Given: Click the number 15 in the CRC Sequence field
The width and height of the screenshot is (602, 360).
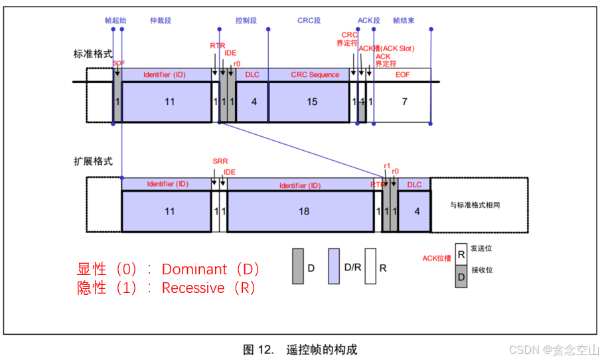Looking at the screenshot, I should [x=311, y=102].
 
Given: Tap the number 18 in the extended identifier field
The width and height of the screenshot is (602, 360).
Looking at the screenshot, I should [x=304, y=211].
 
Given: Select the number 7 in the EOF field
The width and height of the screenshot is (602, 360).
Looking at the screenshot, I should [x=404, y=102].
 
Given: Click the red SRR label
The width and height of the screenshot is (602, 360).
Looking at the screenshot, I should [x=220, y=161].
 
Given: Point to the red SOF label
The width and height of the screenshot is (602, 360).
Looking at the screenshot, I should [x=119, y=62].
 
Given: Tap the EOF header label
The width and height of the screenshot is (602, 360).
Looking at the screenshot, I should [x=402, y=75].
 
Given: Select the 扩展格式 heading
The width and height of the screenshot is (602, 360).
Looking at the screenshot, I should [x=93, y=161].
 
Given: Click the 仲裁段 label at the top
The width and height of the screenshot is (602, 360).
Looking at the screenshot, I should [x=161, y=21].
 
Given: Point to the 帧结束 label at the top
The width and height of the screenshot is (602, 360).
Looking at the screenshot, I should [x=404, y=21].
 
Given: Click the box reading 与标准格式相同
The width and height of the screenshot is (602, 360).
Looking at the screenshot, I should [x=475, y=205].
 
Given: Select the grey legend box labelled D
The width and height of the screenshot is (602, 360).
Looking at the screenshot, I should [x=298, y=266].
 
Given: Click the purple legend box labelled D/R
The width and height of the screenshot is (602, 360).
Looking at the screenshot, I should [x=335, y=266].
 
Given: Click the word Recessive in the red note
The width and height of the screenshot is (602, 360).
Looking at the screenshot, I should [x=193, y=288].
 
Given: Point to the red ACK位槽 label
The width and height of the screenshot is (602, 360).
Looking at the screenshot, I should [x=436, y=258].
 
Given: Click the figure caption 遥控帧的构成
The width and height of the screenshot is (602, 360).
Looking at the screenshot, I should [x=321, y=349].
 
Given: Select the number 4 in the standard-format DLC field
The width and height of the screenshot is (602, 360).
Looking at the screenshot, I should [x=254, y=102].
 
